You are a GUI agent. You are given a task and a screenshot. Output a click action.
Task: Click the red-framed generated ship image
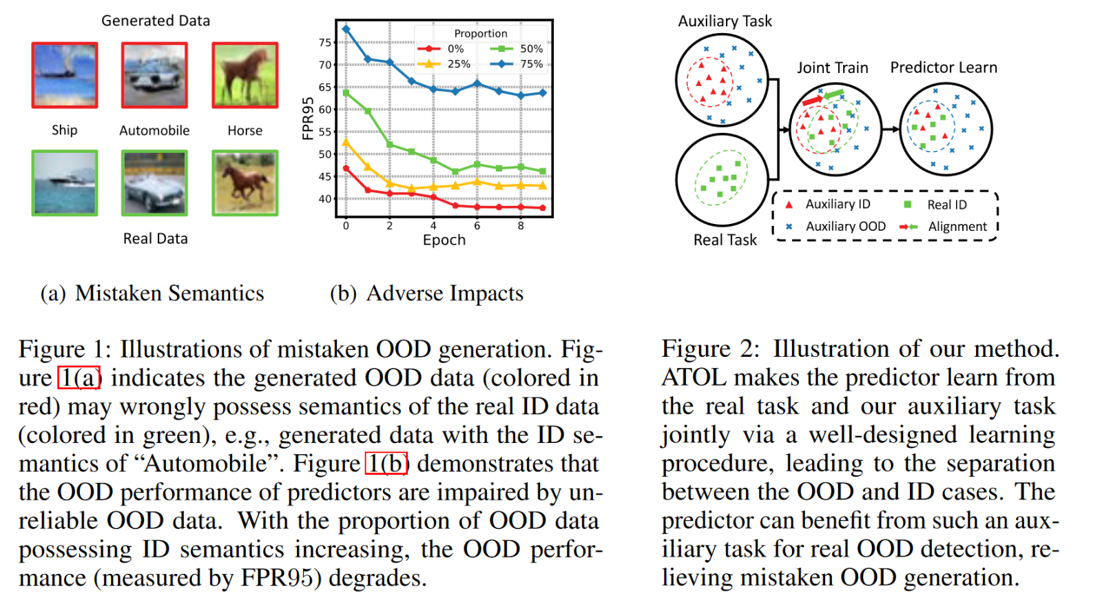65,75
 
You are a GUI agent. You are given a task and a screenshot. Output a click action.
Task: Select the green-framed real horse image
245,183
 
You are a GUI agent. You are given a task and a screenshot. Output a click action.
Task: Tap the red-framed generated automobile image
154,75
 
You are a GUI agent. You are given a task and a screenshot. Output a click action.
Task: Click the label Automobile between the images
154,130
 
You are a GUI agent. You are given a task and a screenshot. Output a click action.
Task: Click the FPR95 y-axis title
308,118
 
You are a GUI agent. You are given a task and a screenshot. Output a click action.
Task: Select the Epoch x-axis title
444,240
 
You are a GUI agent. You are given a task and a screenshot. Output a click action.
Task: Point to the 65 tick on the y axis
324,88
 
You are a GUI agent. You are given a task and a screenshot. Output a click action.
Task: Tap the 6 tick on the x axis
477,225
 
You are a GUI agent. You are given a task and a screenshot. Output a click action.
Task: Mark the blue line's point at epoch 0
346,29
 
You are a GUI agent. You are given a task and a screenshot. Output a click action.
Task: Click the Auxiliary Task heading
725,21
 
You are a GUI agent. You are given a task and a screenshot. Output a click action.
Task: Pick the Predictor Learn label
943,68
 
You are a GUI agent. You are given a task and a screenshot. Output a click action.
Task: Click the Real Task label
725,240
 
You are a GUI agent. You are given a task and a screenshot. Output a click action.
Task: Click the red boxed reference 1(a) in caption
79,378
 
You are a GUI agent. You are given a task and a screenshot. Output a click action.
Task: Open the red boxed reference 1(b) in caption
386,463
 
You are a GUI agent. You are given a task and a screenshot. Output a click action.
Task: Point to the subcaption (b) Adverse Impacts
426,294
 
